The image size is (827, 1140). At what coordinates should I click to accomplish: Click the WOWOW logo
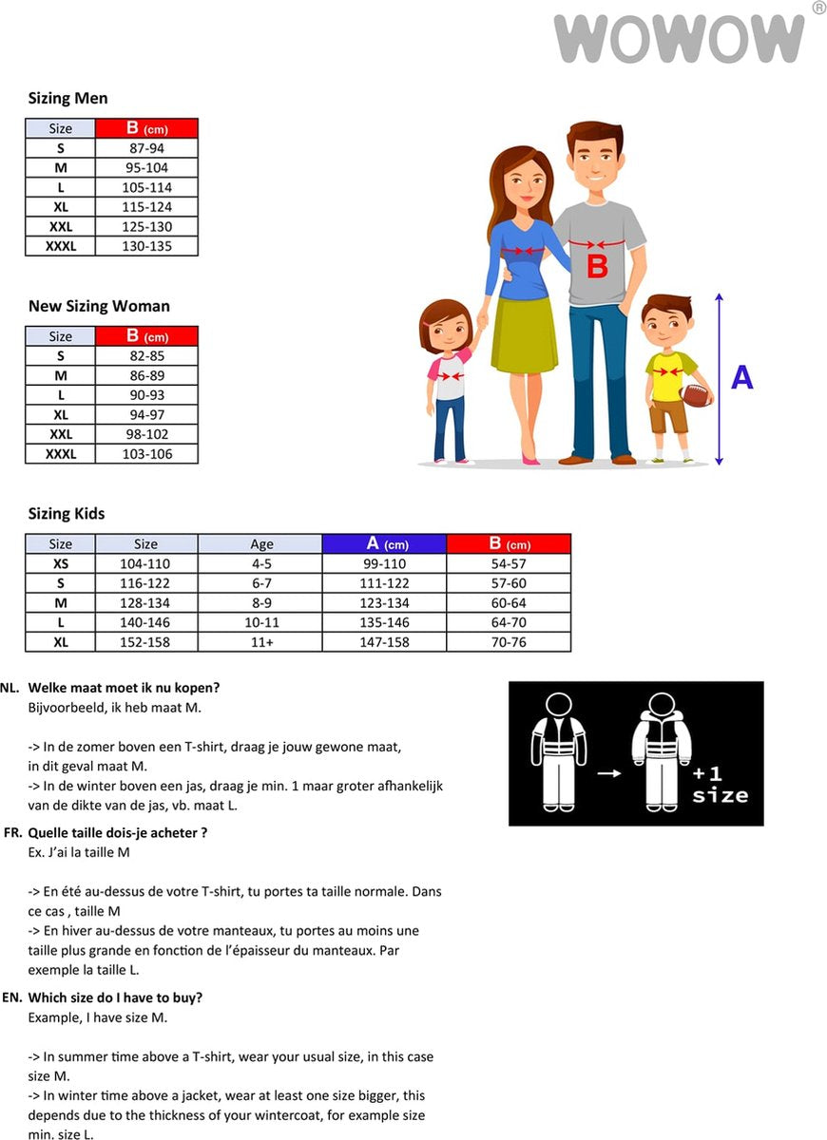pos(679,39)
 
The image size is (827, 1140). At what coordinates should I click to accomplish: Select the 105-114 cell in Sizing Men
pos(146,187)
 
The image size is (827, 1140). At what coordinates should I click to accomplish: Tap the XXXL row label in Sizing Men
pos(61,246)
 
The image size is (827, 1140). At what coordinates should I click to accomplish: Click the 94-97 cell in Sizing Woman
pos(146,414)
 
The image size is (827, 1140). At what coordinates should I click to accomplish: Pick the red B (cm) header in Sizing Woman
pos(146,336)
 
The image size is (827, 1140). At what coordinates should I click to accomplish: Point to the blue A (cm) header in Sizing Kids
pos(384,544)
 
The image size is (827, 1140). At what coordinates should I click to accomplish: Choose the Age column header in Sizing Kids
pos(260,544)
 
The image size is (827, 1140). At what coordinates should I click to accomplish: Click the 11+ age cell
pos(260,642)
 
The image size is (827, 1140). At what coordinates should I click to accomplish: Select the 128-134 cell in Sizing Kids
pos(145,603)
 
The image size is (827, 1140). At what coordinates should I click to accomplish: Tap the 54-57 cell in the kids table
pos(509,564)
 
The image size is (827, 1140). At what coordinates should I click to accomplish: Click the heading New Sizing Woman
pos(99,306)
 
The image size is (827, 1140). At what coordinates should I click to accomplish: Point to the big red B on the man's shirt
pos(597,265)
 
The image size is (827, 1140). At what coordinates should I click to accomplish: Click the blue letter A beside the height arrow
pos(741,378)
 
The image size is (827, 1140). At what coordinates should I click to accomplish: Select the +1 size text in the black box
pos(720,784)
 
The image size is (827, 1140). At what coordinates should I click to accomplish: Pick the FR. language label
pos(13,833)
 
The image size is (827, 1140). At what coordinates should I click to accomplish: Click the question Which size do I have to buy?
pos(115,997)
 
